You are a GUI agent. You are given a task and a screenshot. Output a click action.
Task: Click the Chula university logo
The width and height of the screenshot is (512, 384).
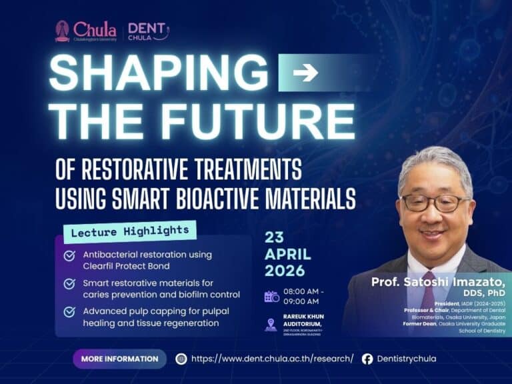(85, 31)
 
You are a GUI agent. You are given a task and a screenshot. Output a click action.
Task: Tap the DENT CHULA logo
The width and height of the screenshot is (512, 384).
(147, 31)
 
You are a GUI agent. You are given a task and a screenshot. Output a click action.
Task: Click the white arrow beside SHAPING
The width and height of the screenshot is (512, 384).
(305, 72)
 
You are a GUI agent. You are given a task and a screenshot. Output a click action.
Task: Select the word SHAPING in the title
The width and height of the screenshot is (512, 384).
(159, 72)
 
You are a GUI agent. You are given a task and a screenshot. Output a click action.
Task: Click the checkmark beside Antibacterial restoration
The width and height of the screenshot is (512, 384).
(69, 255)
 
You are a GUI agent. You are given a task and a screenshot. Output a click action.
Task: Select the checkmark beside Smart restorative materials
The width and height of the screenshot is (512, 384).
(69, 284)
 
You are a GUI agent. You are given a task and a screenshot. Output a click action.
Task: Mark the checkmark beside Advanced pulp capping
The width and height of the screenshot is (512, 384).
(69, 312)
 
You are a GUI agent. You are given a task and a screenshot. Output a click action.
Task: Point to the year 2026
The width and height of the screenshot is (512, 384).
(285, 271)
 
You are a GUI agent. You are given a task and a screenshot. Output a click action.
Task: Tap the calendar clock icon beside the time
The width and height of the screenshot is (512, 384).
(271, 297)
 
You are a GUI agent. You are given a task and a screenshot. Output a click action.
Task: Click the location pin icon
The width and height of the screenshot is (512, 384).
(271, 325)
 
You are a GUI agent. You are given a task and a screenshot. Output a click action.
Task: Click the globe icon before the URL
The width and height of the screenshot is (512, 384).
(181, 359)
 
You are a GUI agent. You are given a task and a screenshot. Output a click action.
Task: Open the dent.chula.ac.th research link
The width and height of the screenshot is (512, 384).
(272, 359)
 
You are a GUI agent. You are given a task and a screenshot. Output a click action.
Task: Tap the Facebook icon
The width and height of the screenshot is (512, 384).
(367, 359)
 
